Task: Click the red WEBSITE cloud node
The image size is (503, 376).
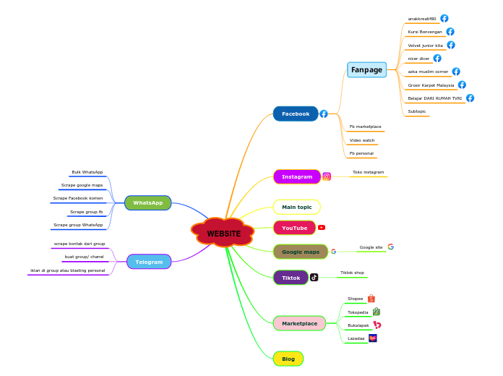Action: click(x=223, y=233)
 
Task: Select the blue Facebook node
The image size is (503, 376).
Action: click(x=296, y=114)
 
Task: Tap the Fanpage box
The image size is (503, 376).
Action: click(x=366, y=69)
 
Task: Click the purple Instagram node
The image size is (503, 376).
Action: click(x=296, y=176)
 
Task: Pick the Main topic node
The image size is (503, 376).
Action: click(x=296, y=207)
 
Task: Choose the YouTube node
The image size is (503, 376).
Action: click(x=294, y=228)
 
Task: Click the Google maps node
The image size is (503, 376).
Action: click(x=300, y=252)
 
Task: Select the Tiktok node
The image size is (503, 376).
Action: click(x=291, y=278)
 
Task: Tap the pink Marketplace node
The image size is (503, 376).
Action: click(x=299, y=323)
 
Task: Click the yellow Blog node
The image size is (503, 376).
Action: click(x=288, y=359)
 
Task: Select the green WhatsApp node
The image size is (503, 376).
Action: click(x=147, y=202)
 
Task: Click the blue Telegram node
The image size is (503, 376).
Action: click(x=149, y=262)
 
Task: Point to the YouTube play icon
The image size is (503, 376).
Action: click(x=322, y=227)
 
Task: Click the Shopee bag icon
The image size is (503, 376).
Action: click(x=371, y=298)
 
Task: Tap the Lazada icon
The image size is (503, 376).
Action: click(x=373, y=338)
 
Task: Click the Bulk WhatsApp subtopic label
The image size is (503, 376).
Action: click(x=87, y=172)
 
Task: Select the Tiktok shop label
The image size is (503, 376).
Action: click(x=352, y=273)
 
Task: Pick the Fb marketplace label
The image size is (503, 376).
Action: click(x=365, y=127)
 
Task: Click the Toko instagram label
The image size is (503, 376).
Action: click(x=368, y=172)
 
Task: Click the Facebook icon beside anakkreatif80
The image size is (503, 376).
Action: click(x=444, y=18)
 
